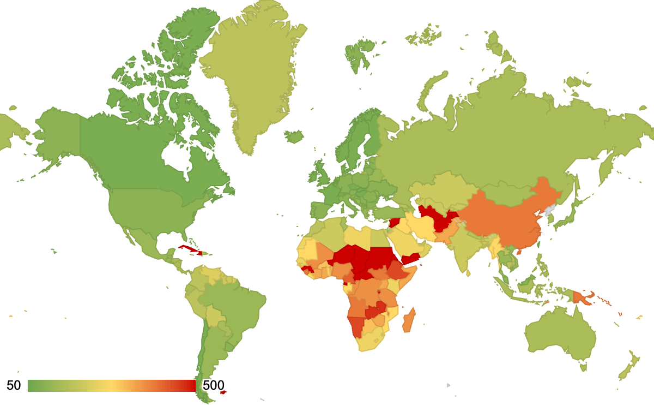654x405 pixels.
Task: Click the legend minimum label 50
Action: tap(14, 385)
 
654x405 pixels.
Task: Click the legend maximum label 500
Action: tap(213, 385)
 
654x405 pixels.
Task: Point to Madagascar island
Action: tap(409, 321)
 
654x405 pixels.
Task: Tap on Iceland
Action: tap(294, 135)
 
